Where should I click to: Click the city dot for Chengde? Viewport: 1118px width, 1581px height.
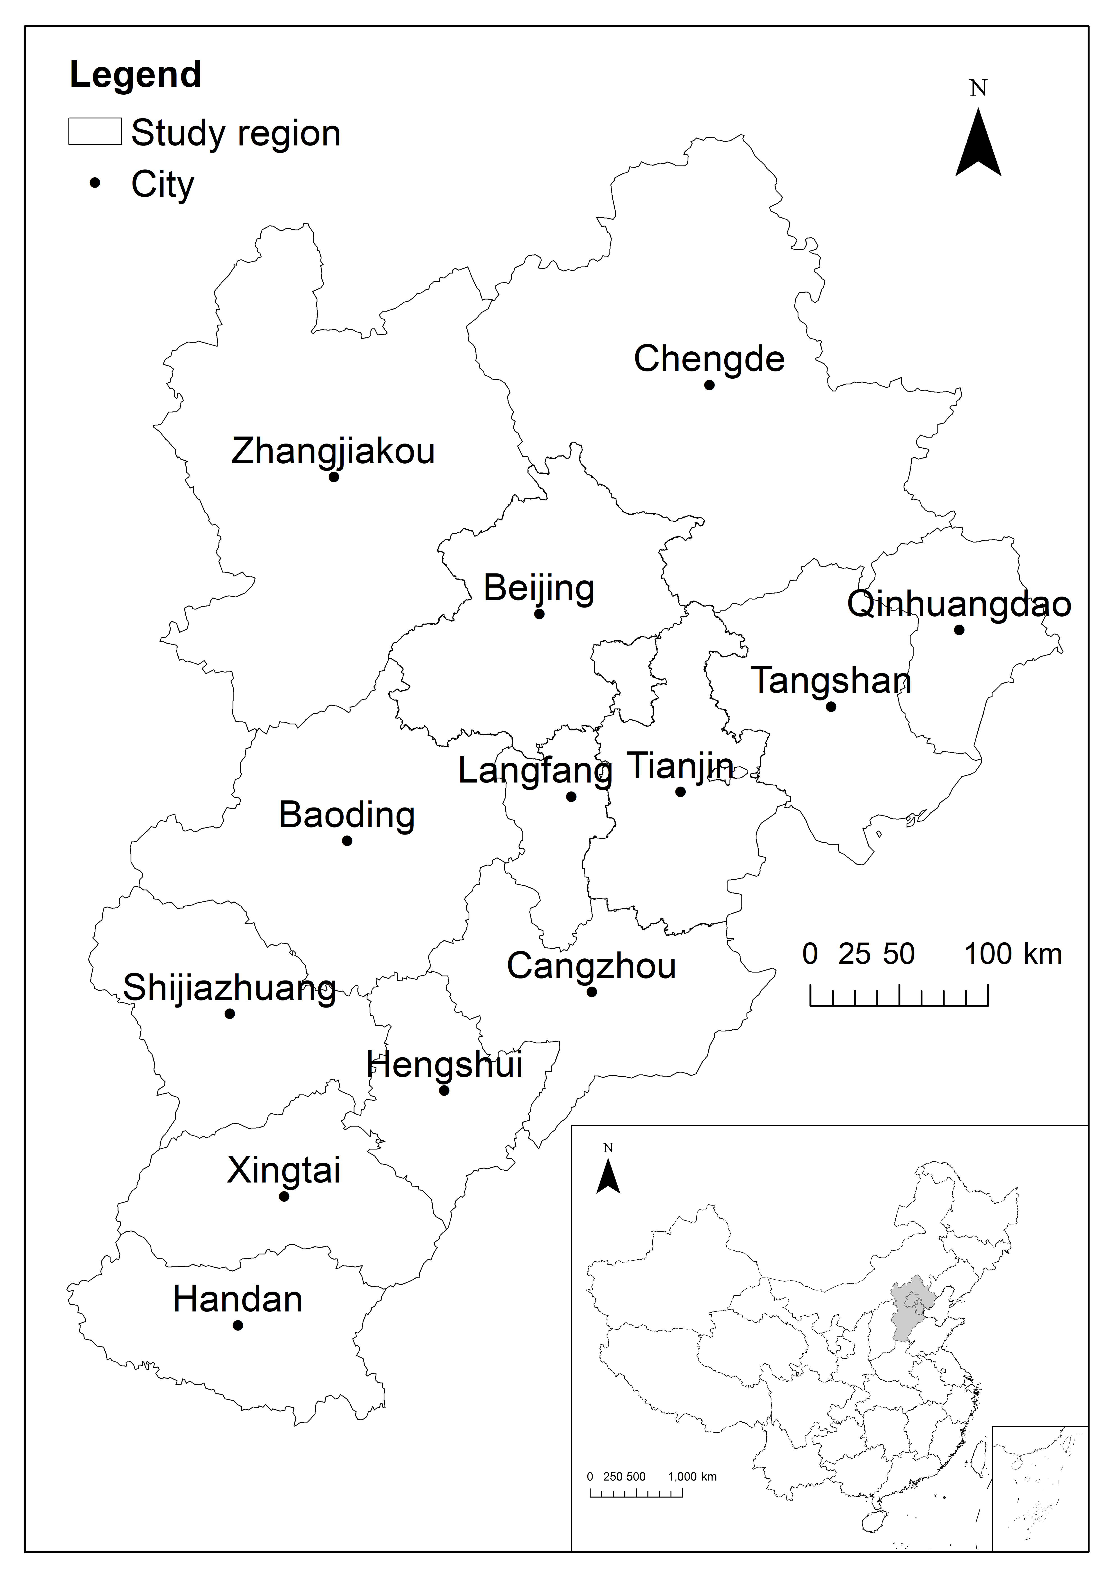pos(709,385)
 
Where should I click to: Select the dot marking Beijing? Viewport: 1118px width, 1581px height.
pos(539,614)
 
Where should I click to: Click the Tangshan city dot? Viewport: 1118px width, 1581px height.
pos(831,707)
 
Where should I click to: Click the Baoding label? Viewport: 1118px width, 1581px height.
pos(347,815)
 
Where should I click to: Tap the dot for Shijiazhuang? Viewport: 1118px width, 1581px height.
pos(230,1014)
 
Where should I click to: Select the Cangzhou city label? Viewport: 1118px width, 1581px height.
pos(591,966)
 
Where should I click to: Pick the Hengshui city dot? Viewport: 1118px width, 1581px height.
pos(444,1091)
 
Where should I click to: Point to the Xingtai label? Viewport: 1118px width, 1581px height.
pos(284,1171)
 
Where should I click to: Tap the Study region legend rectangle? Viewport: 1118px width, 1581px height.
pos(95,132)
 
